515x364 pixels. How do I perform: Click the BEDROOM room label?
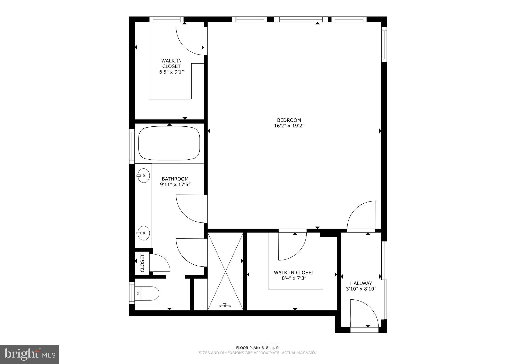pyautogui.click(x=289, y=120)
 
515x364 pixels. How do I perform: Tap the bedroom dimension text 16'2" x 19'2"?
pyautogui.click(x=289, y=126)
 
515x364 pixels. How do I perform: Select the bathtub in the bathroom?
pyautogui.click(x=169, y=144)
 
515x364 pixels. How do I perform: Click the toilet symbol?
pyautogui.click(x=147, y=293)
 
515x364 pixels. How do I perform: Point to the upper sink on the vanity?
pyautogui.click(x=143, y=176)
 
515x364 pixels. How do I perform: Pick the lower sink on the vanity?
pyautogui.click(x=143, y=233)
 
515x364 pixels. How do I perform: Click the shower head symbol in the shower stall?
pyautogui.click(x=225, y=305)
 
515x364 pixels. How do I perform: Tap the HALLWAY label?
pyautogui.click(x=361, y=283)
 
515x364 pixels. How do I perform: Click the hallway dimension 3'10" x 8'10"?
pyautogui.click(x=361, y=289)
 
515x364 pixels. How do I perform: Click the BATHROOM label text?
pyautogui.click(x=175, y=179)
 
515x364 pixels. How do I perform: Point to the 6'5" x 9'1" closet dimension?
pyautogui.click(x=171, y=72)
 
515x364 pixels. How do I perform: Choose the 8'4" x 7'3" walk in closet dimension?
pyautogui.click(x=294, y=278)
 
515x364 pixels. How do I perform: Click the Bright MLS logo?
pyautogui.click(x=30, y=354)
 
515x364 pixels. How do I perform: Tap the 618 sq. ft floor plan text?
pyautogui.click(x=257, y=348)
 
